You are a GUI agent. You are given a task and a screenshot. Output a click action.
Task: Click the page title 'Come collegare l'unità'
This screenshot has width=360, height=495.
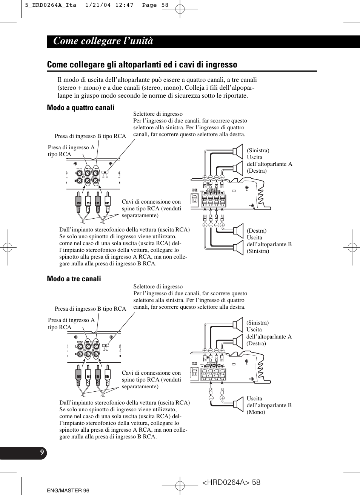coord(103,41)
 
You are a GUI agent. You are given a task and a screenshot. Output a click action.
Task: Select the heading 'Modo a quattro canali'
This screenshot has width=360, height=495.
coord(80,107)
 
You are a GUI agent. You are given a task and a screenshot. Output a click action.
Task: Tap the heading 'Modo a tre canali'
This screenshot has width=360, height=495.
coord(74,279)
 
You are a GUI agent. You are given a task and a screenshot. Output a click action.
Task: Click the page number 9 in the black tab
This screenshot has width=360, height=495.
coord(42,452)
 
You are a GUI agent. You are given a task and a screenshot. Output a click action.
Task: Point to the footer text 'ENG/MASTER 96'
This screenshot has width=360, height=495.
coord(68,490)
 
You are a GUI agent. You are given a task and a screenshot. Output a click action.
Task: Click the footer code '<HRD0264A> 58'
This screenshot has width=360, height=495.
coord(231,482)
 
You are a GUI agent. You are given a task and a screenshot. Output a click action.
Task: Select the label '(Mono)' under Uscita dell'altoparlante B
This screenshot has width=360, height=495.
coord(256,412)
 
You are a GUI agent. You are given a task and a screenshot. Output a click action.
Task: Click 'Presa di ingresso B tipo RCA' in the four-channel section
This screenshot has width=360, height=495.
coord(90,136)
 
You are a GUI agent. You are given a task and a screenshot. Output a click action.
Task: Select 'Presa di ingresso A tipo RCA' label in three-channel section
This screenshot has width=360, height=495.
coord(71,323)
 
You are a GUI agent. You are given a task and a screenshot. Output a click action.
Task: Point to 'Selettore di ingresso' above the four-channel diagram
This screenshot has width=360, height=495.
coord(158,114)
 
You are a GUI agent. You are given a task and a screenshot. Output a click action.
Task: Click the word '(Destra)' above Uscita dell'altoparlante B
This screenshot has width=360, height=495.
coord(257,231)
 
